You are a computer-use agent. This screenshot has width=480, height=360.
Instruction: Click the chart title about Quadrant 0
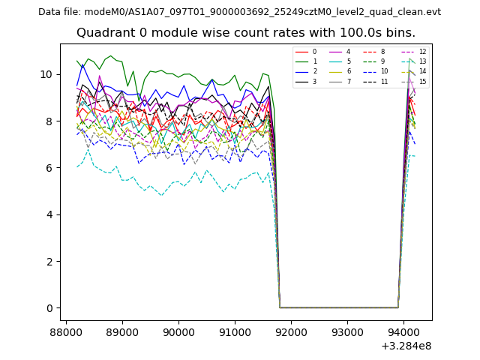(x=245, y=33)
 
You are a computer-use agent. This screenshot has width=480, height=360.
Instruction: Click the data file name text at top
(x=239, y=12)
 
